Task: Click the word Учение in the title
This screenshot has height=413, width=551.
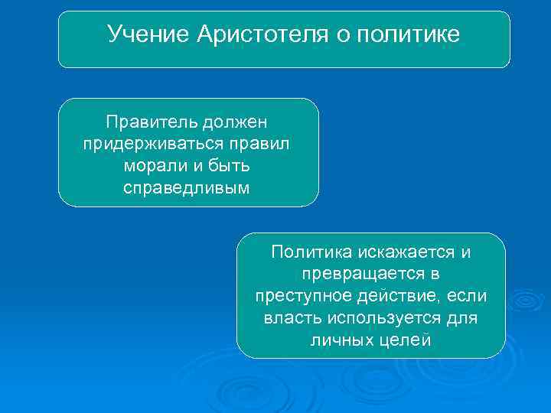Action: pos(148,34)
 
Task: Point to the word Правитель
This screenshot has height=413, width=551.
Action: pos(150,122)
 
